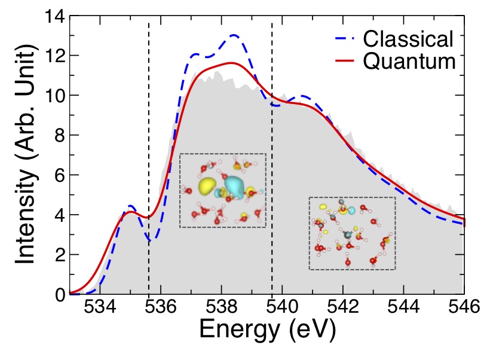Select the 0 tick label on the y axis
[x=58, y=295]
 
